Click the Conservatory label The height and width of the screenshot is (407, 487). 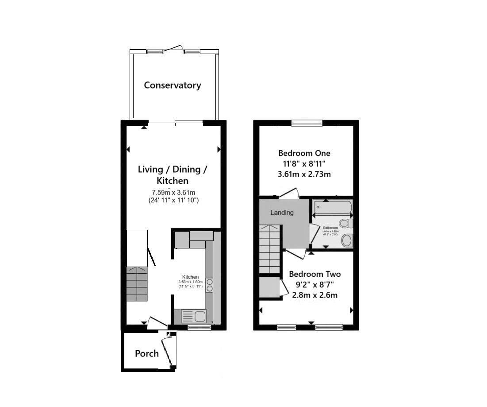[172, 85]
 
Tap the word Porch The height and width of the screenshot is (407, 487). [147, 353]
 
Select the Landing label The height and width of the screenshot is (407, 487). [282, 213]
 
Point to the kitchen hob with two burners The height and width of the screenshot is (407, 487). [209, 284]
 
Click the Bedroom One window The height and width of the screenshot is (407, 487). [307, 123]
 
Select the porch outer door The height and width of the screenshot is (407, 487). [167, 351]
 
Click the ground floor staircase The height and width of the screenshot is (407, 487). [137, 284]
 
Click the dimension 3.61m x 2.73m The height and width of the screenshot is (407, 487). [304, 174]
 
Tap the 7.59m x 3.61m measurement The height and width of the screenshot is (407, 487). [173, 193]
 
